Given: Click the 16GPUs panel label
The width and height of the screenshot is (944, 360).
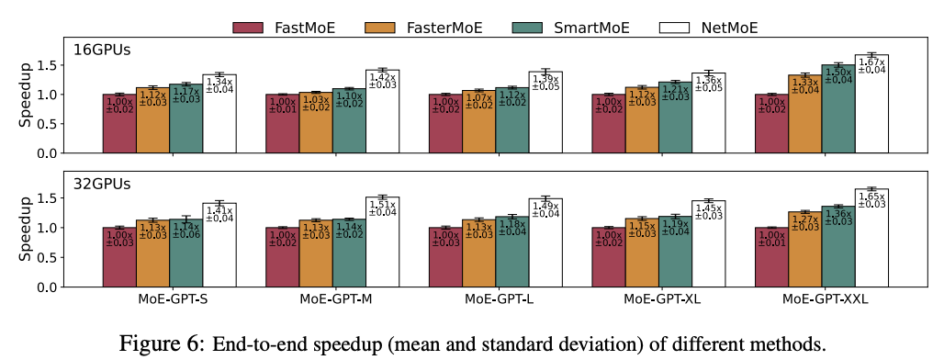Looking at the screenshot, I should click(x=104, y=51).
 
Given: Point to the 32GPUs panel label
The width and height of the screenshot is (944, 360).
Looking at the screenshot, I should click(x=104, y=184).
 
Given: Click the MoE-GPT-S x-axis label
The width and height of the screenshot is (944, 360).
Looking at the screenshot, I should click(x=169, y=299).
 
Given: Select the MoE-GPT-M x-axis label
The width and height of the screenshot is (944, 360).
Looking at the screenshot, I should click(x=333, y=299).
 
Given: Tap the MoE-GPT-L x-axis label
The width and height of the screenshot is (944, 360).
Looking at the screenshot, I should click(x=497, y=299).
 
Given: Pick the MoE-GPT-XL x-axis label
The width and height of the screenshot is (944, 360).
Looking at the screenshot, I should click(x=659, y=299).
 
